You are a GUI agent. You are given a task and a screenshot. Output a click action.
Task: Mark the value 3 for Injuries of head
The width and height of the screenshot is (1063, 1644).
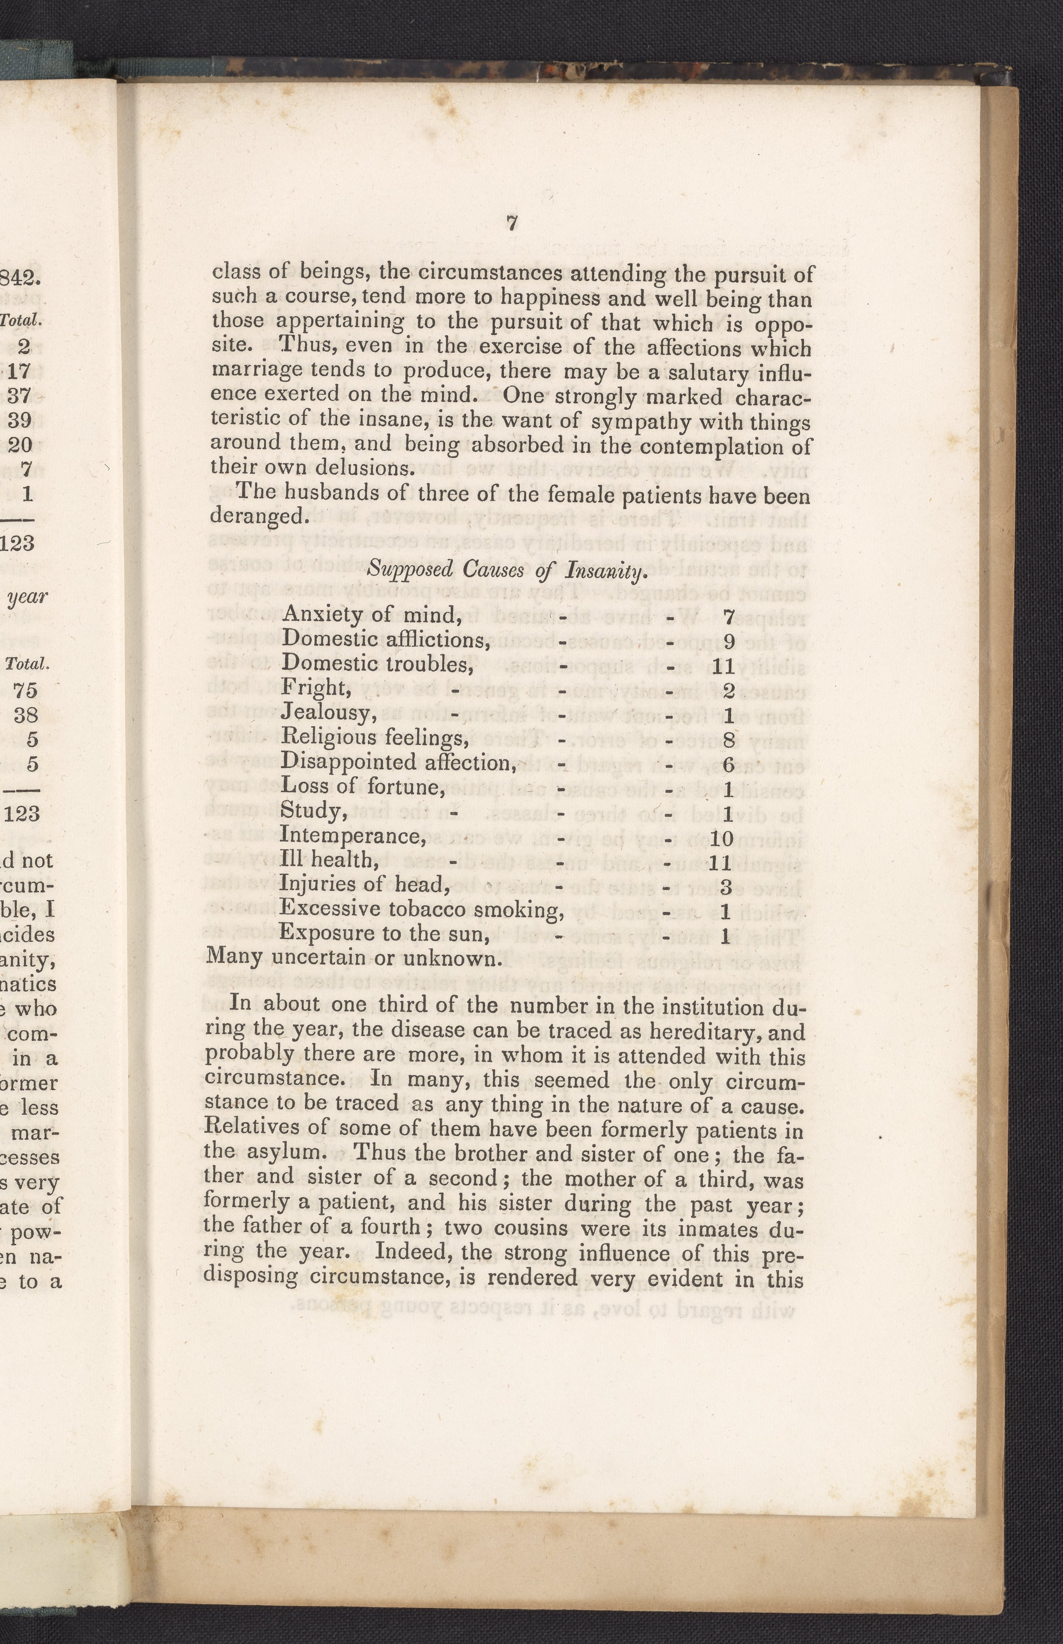click(x=725, y=887)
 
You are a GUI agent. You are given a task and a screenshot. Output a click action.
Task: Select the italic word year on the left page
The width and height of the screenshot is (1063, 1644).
click(x=28, y=597)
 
